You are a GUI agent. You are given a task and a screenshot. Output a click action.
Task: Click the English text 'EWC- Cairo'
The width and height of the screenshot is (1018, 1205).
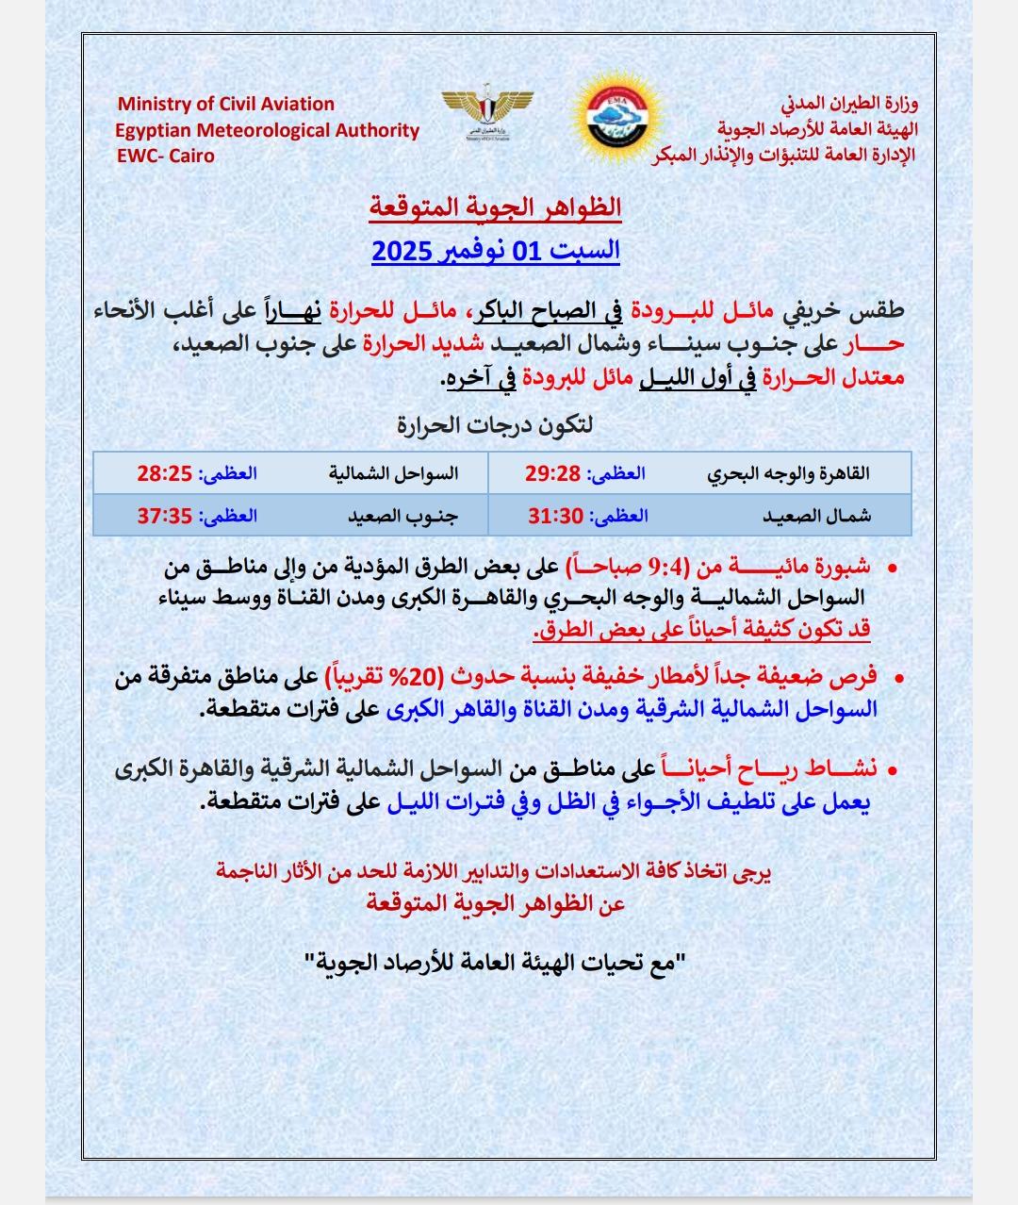coord(165,156)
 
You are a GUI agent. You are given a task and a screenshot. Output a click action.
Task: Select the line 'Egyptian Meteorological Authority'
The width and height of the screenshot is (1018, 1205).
coord(268,130)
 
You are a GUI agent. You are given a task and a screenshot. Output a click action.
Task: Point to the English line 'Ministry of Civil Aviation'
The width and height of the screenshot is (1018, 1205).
coord(225,104)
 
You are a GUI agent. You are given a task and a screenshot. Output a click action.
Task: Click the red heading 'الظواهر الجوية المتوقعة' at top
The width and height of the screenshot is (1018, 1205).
coord(496,206)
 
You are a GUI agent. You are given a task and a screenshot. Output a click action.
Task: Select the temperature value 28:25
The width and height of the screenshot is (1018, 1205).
coord(165,473)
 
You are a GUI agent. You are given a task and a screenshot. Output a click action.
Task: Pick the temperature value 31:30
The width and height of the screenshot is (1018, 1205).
coord(553,516)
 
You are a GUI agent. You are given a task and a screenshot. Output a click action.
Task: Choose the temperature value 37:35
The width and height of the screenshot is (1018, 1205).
coord(165,516)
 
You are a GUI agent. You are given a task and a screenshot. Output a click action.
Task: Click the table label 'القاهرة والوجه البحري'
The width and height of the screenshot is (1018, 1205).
coord(789,473)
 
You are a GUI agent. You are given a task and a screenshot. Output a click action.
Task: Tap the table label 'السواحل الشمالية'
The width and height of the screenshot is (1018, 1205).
coord(394,473)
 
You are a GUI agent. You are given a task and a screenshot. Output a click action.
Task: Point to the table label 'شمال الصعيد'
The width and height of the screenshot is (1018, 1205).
coord(816,516)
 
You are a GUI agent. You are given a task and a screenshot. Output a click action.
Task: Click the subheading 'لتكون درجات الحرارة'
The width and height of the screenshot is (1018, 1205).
coord(496,425)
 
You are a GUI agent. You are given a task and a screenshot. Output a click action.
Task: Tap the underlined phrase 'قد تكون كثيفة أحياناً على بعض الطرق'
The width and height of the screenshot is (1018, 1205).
coord(702,629)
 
